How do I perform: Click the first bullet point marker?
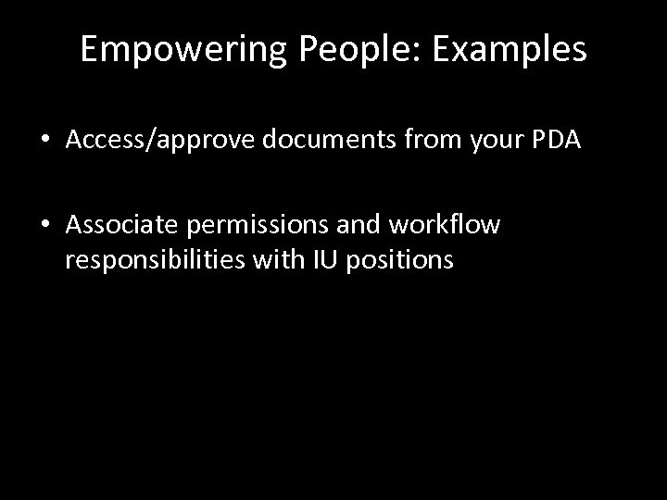coord(44,140)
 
